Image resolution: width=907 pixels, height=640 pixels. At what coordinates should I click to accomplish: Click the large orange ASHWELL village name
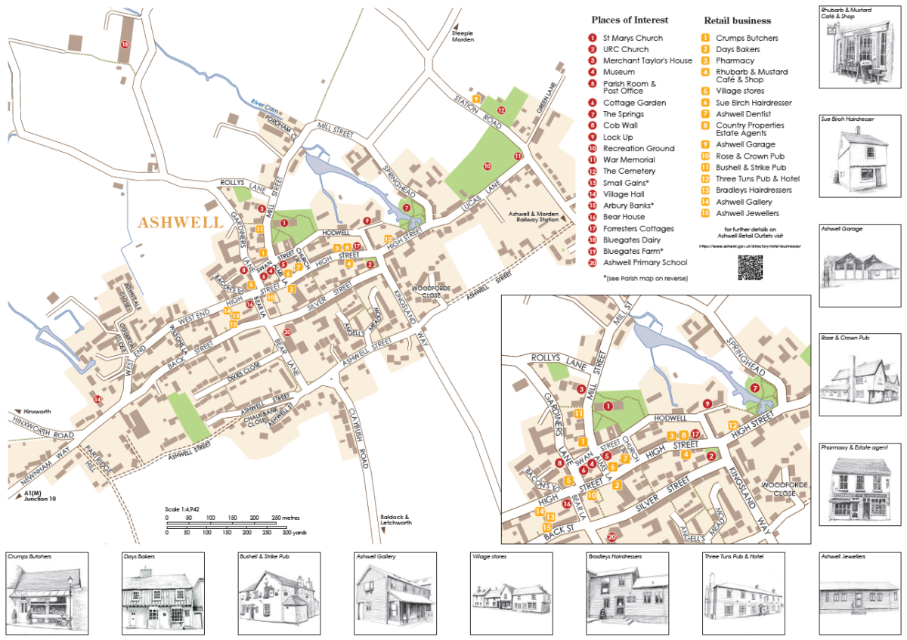pyautogui.click(x=181, y=223)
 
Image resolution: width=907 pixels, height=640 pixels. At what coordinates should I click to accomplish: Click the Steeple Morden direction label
pyautogui.click(x=463, y=36)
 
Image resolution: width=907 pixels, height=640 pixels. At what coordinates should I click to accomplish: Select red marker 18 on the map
pyautogui.click(x=125, y=45)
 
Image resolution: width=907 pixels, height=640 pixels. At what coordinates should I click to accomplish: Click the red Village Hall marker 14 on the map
pyautogui.click(x=97, y=398)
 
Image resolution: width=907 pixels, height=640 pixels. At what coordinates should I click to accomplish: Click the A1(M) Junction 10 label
pyautogui.click(x=38, y=496)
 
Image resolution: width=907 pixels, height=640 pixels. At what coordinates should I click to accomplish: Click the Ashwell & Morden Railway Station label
pyautogui.click(x=535, y=217)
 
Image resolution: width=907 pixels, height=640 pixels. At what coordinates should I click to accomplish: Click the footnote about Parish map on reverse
pyautogui.click(x=645, y=278)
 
